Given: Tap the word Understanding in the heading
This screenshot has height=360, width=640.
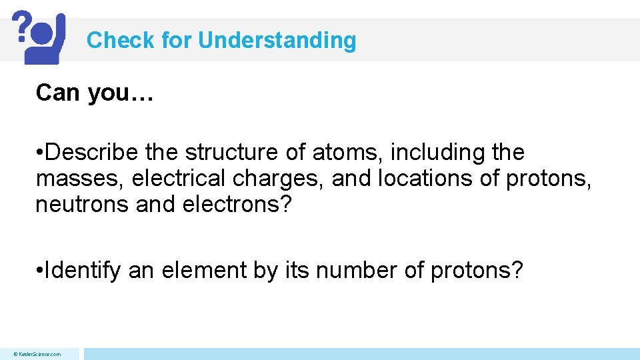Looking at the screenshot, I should pos(277,41).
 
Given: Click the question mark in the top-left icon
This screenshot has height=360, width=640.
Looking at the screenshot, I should pos(22,25).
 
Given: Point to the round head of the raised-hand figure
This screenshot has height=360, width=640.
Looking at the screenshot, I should pos(43,33).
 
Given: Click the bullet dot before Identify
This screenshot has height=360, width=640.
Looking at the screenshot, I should pos(41,271).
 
